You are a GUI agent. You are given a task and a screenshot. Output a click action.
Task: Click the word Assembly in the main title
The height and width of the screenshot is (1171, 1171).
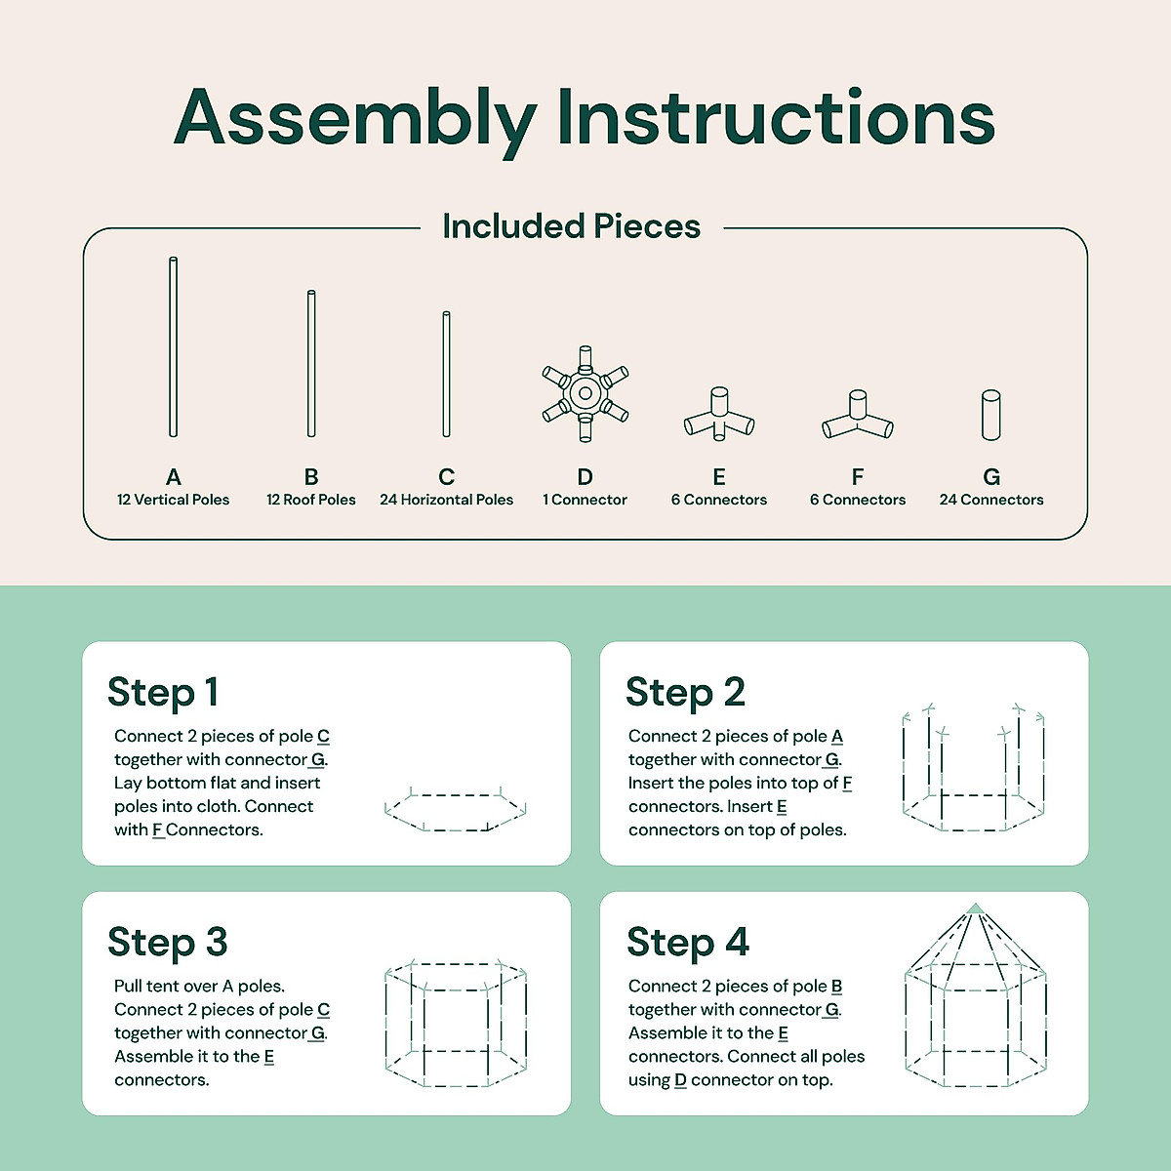point(355,121)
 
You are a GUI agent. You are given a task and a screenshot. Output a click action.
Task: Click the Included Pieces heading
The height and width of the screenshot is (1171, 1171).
point(571,226)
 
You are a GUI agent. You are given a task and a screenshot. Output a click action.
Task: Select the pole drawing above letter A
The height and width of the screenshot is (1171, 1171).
point(173,347)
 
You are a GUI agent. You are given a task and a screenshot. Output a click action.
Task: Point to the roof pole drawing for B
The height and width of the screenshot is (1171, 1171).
point(311,363)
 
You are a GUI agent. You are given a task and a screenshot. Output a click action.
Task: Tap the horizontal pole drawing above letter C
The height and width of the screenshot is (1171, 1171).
point(446,374)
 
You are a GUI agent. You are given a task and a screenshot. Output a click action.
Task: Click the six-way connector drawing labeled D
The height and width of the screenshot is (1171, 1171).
point(585,394)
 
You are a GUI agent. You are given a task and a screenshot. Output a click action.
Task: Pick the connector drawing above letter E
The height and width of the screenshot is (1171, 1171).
point(719,414)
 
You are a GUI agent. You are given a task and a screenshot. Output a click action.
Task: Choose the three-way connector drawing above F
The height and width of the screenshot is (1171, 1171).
point(858,415)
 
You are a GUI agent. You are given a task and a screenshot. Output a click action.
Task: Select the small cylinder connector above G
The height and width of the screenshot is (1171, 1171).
point(991,415)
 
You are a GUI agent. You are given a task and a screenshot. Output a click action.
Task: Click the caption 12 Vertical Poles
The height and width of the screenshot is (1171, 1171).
point(173,500)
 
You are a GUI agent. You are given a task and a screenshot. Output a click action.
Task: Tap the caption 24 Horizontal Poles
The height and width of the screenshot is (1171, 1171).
point(447,500)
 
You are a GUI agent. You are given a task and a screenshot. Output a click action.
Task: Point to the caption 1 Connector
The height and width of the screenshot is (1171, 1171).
point(585,500)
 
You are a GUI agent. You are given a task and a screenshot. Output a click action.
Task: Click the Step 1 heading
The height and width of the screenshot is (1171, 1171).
point(163,693)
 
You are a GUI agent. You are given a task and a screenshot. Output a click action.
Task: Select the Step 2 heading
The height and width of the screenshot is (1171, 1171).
point(685,693)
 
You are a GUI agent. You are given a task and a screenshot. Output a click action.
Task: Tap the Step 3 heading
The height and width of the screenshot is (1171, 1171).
point(168,943)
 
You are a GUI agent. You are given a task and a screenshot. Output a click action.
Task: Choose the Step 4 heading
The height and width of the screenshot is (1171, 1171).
point(688,943)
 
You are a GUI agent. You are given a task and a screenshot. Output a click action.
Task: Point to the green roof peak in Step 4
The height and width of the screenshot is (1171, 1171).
point(975,909)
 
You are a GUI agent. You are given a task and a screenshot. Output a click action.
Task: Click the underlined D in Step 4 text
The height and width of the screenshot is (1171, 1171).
point(680,1080)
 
